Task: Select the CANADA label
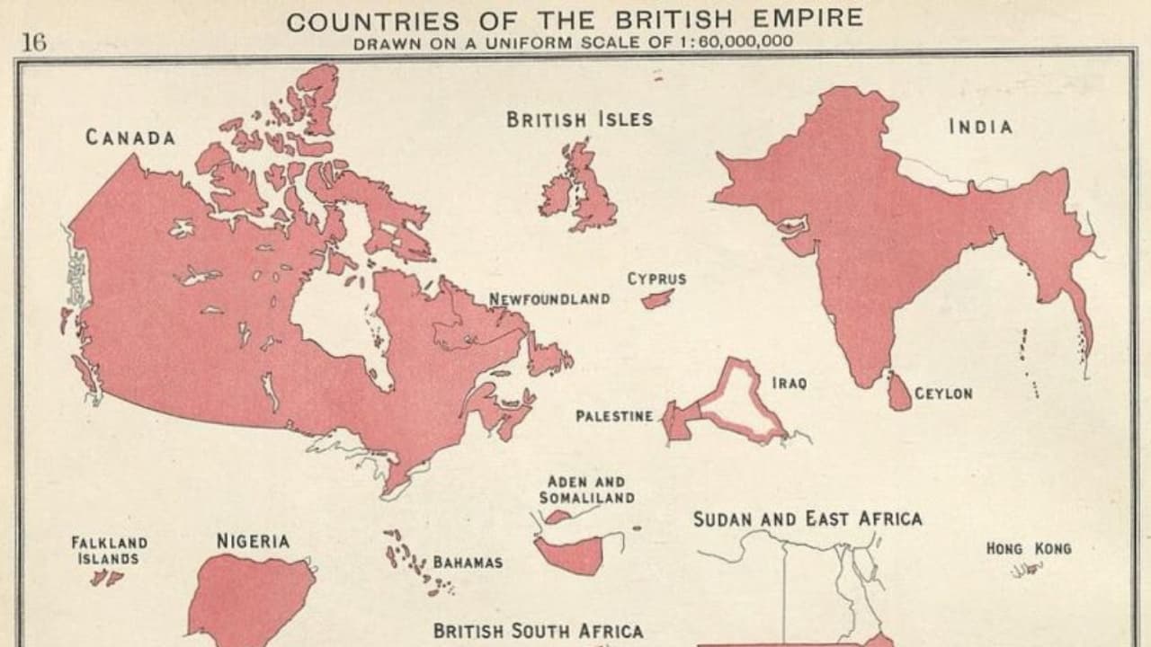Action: click(130, 137)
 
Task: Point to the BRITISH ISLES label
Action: click(579, 120)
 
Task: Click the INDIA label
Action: click(980, 127)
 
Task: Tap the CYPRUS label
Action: click(656, 279)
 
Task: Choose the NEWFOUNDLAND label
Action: click(549, 298)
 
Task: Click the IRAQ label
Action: click(790, 383)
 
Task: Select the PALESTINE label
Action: click(614, 416)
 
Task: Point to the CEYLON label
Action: click(943, 394)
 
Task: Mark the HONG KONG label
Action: click(1029, 547)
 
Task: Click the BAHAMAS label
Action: click(468, 563)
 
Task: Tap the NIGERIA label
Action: click(253, 541)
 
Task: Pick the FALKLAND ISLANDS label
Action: click(109, 550)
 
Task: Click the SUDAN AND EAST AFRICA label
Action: click(807, 518)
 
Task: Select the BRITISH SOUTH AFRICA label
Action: click(538, 631)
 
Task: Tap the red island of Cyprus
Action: click(657, 297)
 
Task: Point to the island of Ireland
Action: click(557, 195)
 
